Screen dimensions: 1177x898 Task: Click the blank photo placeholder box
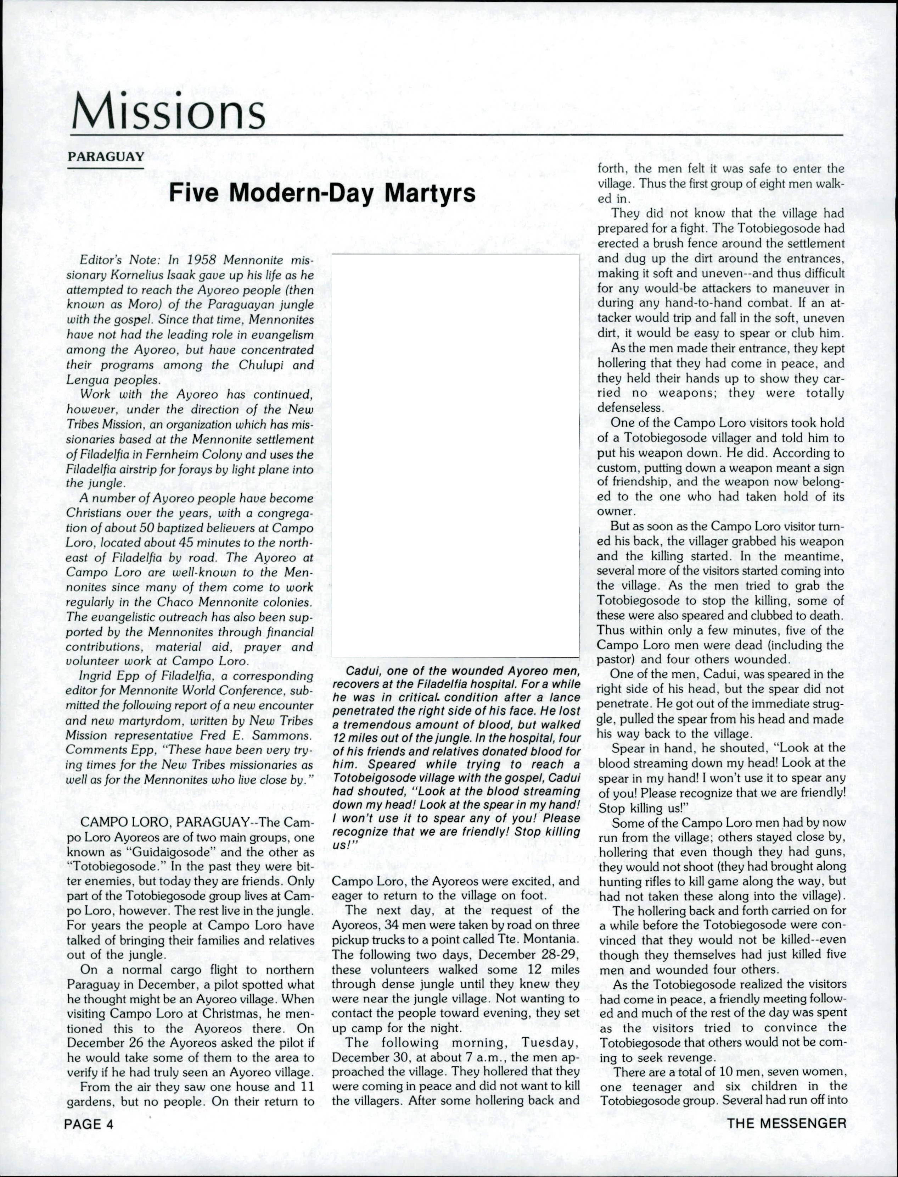(455, 455)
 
